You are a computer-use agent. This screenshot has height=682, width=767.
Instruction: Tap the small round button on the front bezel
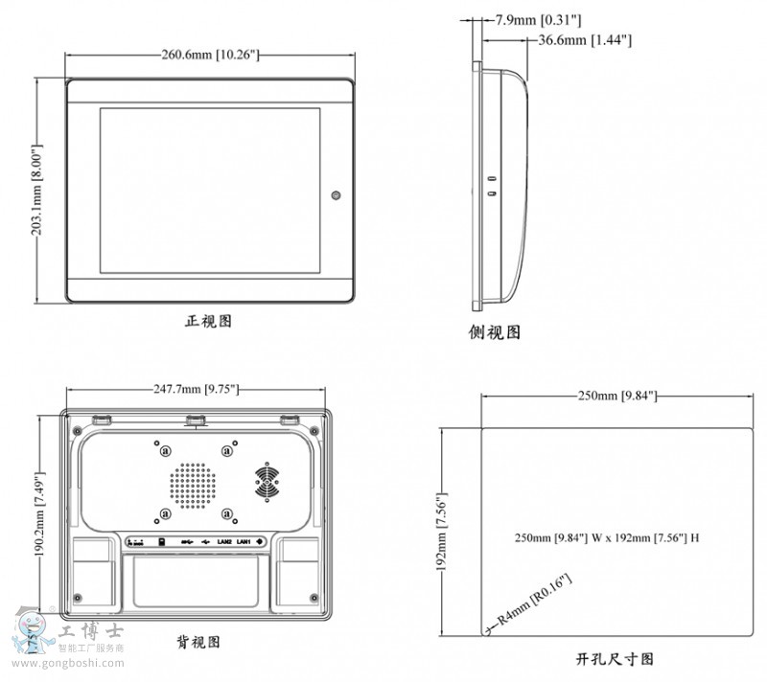(336, 195)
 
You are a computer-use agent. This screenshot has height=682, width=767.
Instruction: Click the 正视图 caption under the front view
(208, 322)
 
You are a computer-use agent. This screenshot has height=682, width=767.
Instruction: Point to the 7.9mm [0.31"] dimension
(538, 19)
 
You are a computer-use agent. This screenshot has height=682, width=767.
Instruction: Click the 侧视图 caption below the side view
(495, 332)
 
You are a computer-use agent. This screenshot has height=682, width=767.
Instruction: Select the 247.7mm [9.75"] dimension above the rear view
(196, 389)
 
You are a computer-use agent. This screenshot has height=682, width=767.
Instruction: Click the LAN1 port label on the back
(244, 542)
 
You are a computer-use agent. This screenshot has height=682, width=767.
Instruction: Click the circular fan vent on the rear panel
(268, 481)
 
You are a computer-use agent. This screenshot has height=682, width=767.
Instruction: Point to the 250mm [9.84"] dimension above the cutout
(614, 396)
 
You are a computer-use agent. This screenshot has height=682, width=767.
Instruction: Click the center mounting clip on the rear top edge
(197, 419)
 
